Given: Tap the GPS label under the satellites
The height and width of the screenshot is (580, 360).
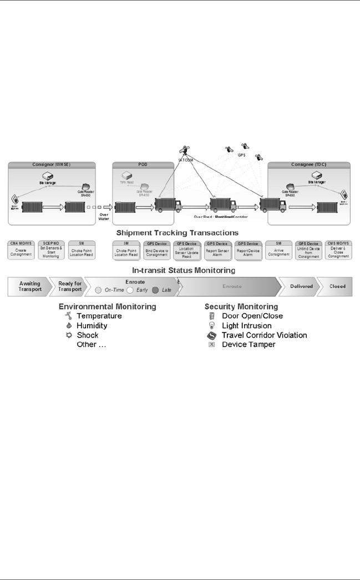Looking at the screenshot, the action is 241,156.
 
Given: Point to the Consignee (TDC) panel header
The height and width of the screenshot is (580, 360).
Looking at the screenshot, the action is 309,165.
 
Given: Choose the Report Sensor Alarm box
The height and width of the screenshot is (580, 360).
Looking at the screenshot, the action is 217,250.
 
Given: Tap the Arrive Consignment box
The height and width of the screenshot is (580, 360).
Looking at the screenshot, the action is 278,250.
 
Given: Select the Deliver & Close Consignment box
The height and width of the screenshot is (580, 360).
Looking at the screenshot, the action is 338,250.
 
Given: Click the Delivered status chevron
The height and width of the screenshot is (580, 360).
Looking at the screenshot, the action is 302,286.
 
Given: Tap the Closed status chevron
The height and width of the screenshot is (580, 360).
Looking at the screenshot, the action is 337,286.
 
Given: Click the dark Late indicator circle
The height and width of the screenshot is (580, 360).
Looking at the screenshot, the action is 156,289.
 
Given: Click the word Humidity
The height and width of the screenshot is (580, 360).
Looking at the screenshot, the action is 93,325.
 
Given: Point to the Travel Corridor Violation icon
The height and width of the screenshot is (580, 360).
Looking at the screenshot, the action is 211,335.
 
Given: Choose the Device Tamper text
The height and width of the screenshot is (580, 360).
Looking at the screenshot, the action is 249,344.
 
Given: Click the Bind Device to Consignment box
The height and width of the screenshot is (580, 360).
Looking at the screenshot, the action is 156,250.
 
